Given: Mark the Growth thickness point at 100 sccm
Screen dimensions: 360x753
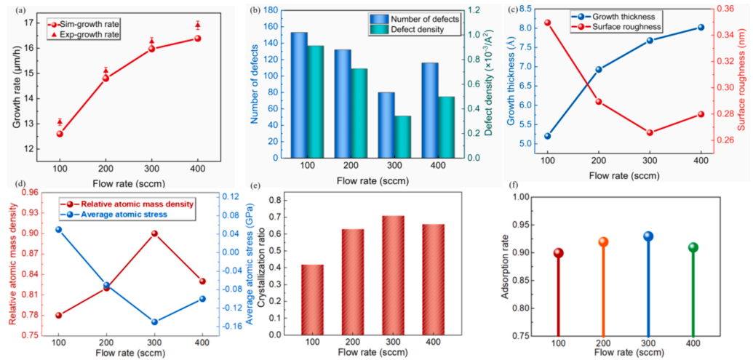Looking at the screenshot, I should tap(547, 136).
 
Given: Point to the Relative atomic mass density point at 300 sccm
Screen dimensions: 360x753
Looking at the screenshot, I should tap(154, 233).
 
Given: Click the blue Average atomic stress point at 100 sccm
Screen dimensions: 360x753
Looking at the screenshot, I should tap(59, 230).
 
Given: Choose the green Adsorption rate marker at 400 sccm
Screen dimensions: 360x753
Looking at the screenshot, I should tap(693, 247).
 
